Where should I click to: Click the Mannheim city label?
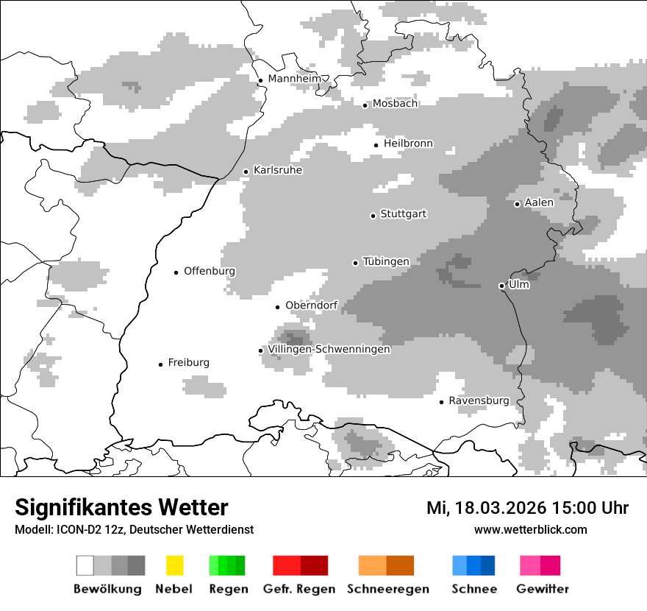295,79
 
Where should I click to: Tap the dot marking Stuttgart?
373,216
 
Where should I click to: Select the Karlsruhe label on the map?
278,170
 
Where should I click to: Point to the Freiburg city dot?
160,364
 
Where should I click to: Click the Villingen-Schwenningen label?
329,349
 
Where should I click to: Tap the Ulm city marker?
501,286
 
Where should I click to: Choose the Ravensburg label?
479,400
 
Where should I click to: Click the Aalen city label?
539,202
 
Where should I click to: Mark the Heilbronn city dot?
376,145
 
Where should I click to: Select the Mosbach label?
395,104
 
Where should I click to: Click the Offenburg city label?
210,271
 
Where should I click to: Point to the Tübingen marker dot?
355,263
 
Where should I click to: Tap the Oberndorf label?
311,305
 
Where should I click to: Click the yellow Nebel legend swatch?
174,565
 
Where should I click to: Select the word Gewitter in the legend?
542,589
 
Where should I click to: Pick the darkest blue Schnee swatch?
488,565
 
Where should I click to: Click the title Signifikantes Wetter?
121,508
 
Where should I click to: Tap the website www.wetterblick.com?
530,529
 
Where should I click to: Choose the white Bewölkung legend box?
85,565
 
